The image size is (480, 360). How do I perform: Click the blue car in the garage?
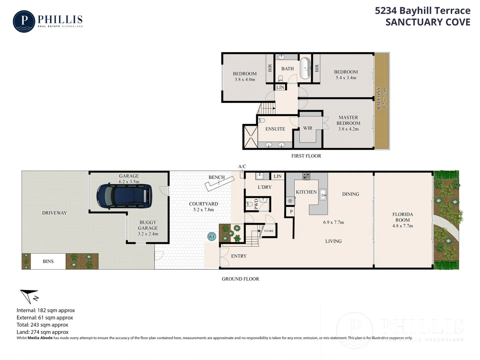pyautogui.click(x=124, y=196)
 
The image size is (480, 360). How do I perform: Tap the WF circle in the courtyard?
pyautogui.click(x=212, y=237)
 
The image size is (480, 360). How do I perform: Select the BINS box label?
pyautogui.click(x=48, y=261)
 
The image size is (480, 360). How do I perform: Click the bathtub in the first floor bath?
pyautogui.click(x=305, y=68)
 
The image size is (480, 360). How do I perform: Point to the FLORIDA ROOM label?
pyautogui.click(x=402, y=217)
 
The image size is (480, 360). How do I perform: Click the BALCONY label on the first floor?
pyautogui.click(x=379, y=98)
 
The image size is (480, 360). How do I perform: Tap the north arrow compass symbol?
pyautogui.click(x=29, y=296)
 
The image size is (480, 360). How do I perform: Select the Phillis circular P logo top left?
pyautogui.click(x=24, y=21)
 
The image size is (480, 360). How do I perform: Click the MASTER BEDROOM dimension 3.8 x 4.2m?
pyautogui.click(x=348, y=129)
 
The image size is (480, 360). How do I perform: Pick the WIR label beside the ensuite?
pyautogui.click(x=308, y=128)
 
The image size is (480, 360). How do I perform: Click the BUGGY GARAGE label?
pyautogui.click(x=148, y=225)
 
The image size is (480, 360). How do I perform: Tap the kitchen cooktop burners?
pyautogui.click(x=306, y=176)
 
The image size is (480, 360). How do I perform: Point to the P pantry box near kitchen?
pyautogui.click(x=291, y=212)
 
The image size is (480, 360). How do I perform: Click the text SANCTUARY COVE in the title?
pyautogui.click(x=428, y=22)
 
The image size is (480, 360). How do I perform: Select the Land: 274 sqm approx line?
pyautogui.click(x=43, y=332)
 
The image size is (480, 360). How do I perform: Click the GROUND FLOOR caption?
pyautogui.click(x=240, y=279)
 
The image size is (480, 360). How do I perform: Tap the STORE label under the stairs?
pyautogui.click(x=269, y=231)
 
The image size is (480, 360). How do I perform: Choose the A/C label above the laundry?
pyautogui.click(x=242, y=167)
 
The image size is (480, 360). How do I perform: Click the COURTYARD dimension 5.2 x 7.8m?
pyautogui.click(x=203, y=210)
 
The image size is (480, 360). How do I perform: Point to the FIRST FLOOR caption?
pyautogui.click(x=306, y=156)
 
